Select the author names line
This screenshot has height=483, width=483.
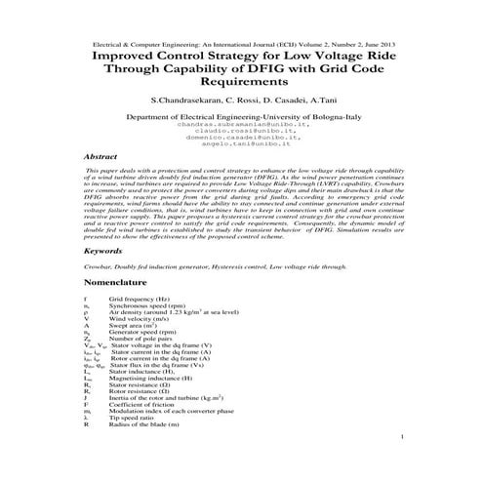242,101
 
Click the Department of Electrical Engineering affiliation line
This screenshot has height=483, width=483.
242,118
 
